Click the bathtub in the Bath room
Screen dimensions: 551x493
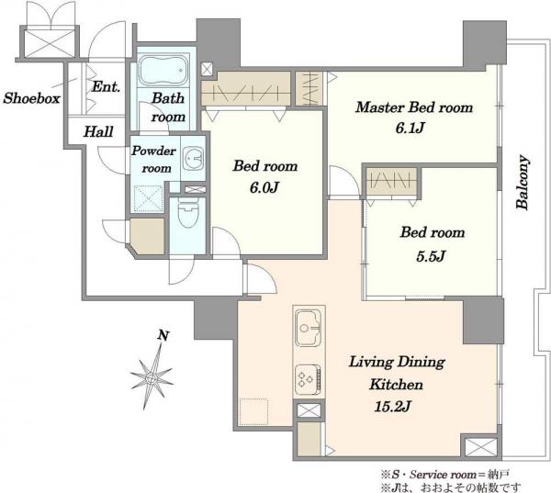click(163, 71)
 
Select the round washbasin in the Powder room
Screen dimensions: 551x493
click(193, 159)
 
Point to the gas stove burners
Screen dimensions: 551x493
click(308, 379)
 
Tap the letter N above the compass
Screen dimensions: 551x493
click(163, 335)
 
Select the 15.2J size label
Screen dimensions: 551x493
click(392, 407)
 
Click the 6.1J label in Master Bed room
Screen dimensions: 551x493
click(410, 128)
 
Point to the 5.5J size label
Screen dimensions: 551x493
click(431, 256)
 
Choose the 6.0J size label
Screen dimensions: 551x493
click(264, 188)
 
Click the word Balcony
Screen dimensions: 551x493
click(523, 183)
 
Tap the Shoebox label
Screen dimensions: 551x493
click(31, 98)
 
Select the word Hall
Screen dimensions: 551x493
click(98, 132)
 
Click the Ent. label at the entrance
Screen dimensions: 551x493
click(106, 86)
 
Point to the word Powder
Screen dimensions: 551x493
click(153, 151)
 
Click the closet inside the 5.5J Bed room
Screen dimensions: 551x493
click(391, 181)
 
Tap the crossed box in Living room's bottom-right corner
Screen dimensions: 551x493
click(481, 447)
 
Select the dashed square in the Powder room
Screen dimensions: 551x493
click(149, 199)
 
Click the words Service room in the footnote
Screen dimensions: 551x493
click(443, 475)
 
